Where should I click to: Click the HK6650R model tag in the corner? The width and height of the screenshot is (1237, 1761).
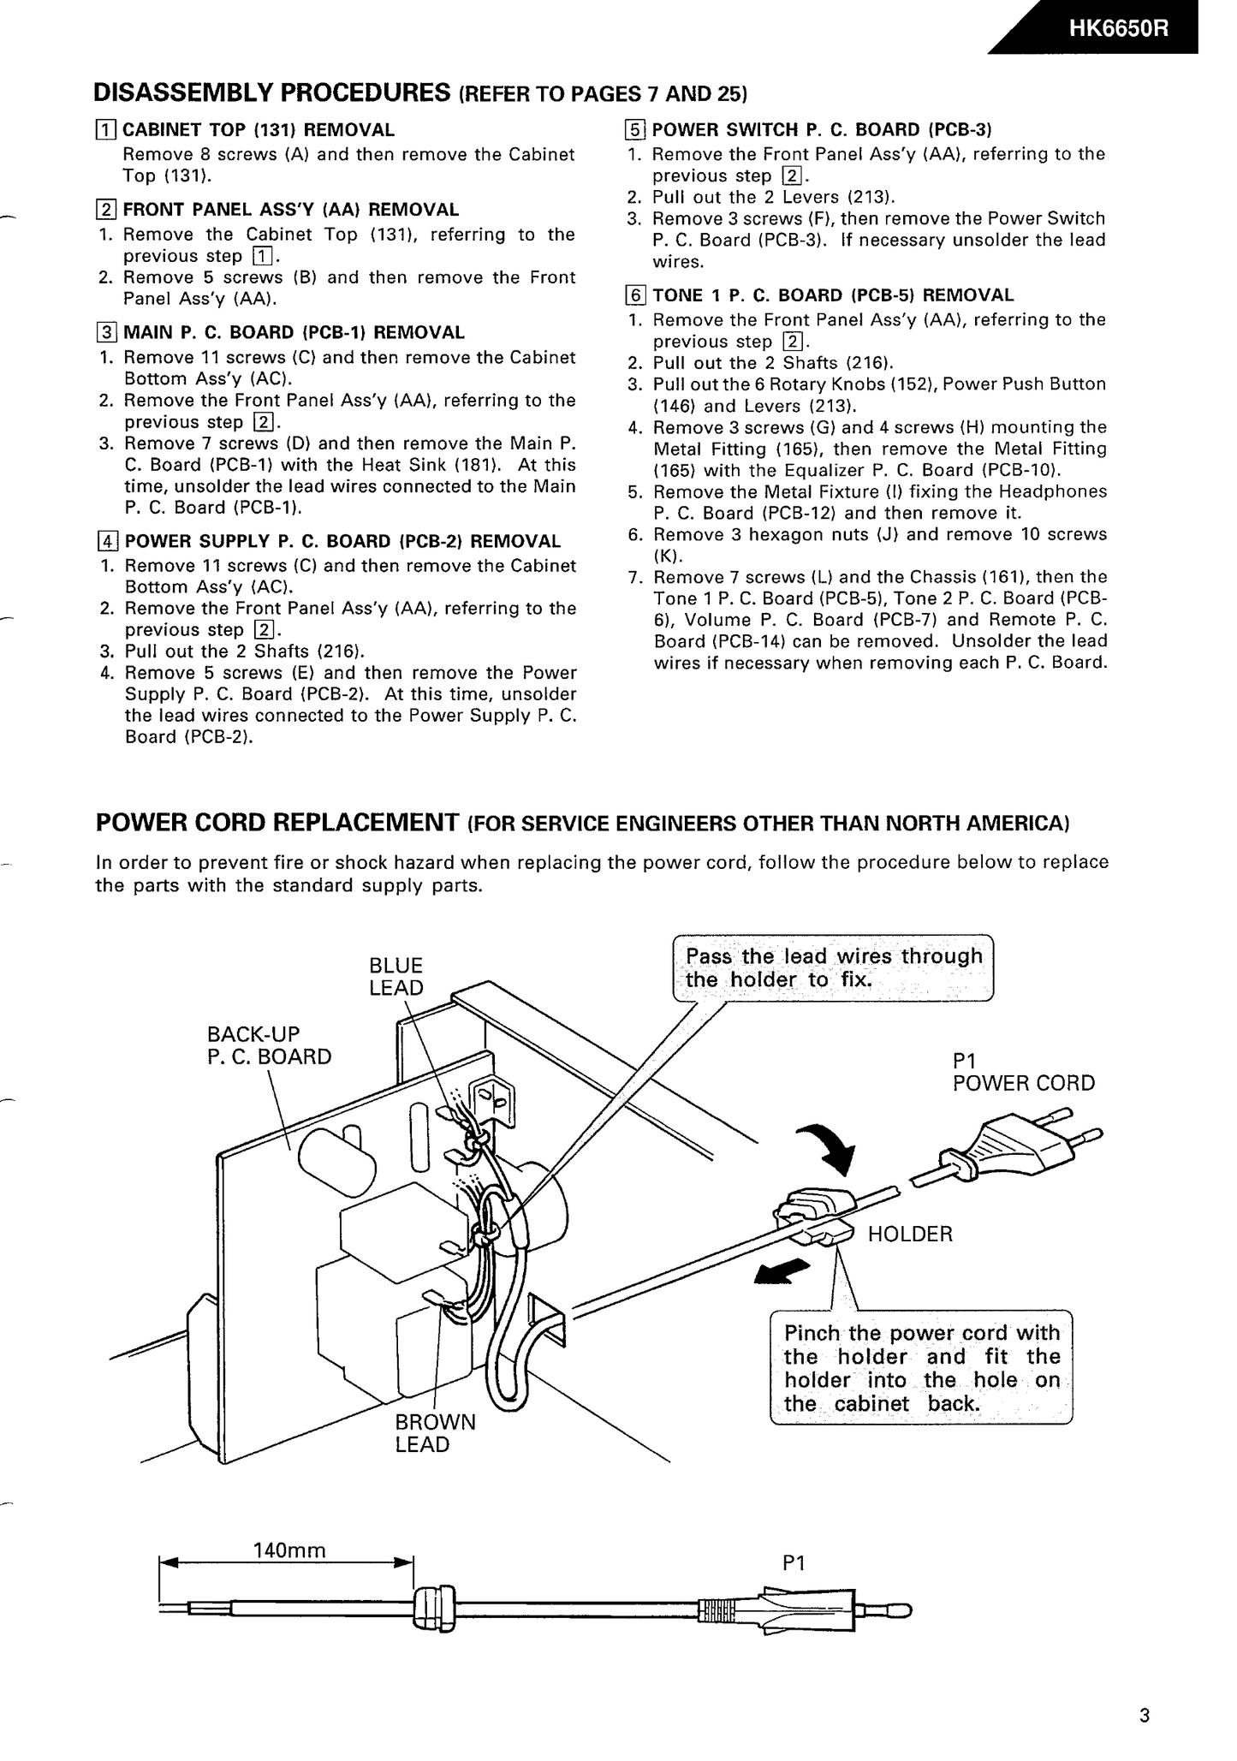tap(1117, 28)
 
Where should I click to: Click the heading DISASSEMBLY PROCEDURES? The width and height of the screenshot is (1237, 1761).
tap(271, 92)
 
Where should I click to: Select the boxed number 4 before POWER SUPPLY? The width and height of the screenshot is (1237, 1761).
tap(107, 541)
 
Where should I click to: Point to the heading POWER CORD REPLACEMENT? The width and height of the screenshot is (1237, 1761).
tap(277, 823)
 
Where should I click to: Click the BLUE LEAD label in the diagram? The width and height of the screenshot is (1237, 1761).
tap(396, 976)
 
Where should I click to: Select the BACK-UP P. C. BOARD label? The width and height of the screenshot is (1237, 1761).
tap(268, 1044)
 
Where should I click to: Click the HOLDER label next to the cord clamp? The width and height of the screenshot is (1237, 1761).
tap(909, 1234)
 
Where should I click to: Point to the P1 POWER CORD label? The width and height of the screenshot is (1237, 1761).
tap(1022, 1072)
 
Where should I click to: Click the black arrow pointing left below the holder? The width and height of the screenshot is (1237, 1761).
tap(781, 1270)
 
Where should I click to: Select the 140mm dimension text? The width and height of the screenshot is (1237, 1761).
tap(289, 1550)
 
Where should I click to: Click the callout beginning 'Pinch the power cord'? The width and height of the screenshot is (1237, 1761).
tap(921, 1368)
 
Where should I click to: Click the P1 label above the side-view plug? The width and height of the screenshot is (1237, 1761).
tap(794, 1563)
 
